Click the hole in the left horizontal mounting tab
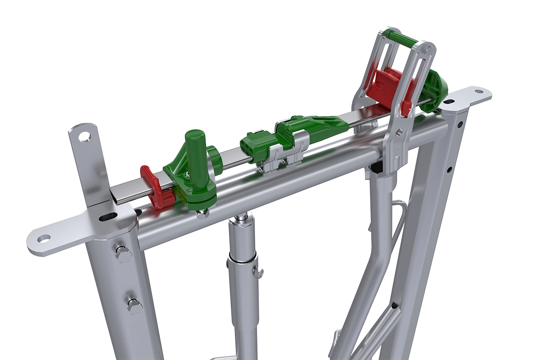(x=43, y=238)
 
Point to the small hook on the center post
(x=258, y=272)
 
